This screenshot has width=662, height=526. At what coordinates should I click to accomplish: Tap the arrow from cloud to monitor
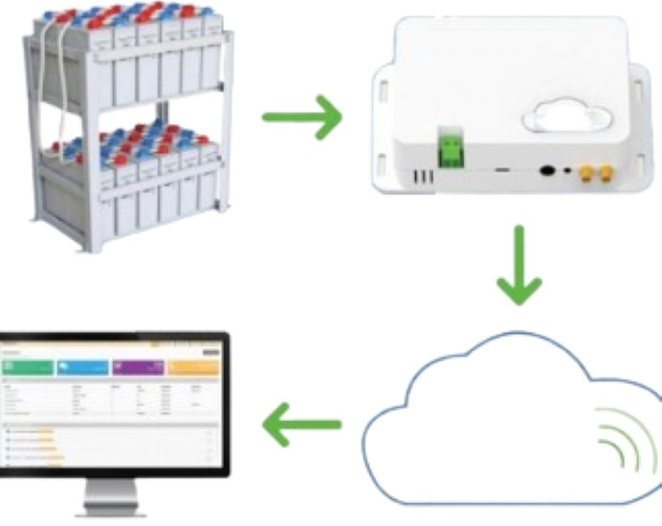[x=301, y=422]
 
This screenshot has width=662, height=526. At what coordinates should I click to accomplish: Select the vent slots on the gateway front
[x=422, y=178]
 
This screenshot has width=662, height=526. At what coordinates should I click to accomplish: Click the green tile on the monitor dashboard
[x=27, y=366]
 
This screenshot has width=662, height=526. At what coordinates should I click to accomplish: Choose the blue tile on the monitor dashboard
[x=82, y=366]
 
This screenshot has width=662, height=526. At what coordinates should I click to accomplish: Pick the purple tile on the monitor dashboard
[x=138, y=366]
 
